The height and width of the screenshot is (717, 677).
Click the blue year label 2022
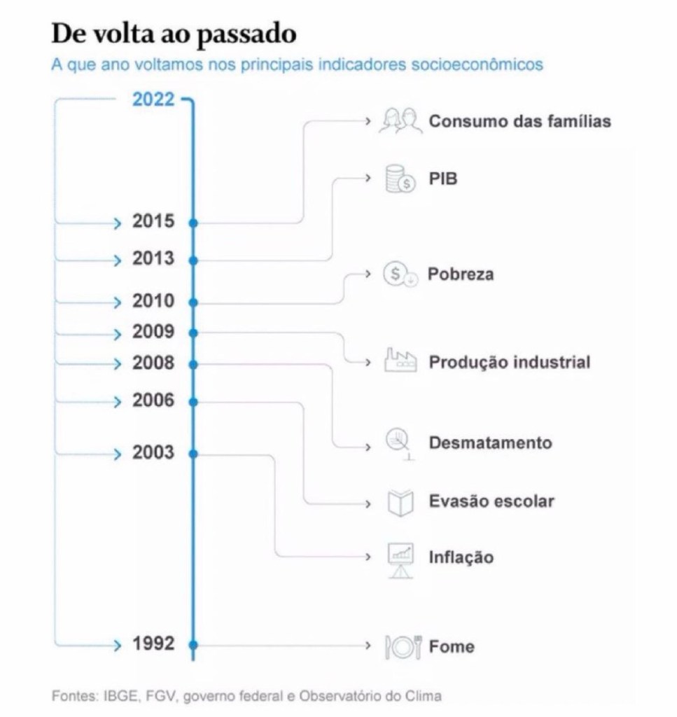pos(153,99)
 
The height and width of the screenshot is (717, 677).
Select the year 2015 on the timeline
pos(153,222)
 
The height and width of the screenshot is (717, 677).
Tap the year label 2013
pos(153,259)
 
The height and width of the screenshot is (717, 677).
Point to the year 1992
pos(153,643)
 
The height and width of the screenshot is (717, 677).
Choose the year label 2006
pos(153,401)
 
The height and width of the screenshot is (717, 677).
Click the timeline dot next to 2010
pos(193,302)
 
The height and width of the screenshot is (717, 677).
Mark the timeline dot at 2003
pos(193,454)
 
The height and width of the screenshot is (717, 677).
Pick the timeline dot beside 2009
pos(193,332)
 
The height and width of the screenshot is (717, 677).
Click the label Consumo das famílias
pos(519,121)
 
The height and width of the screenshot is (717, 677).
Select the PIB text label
pos(442,179)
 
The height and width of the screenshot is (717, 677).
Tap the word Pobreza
pos(461,274)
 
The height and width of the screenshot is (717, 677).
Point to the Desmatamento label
pos(490,443)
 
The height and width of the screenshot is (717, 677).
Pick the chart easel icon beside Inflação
pos(401,559)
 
